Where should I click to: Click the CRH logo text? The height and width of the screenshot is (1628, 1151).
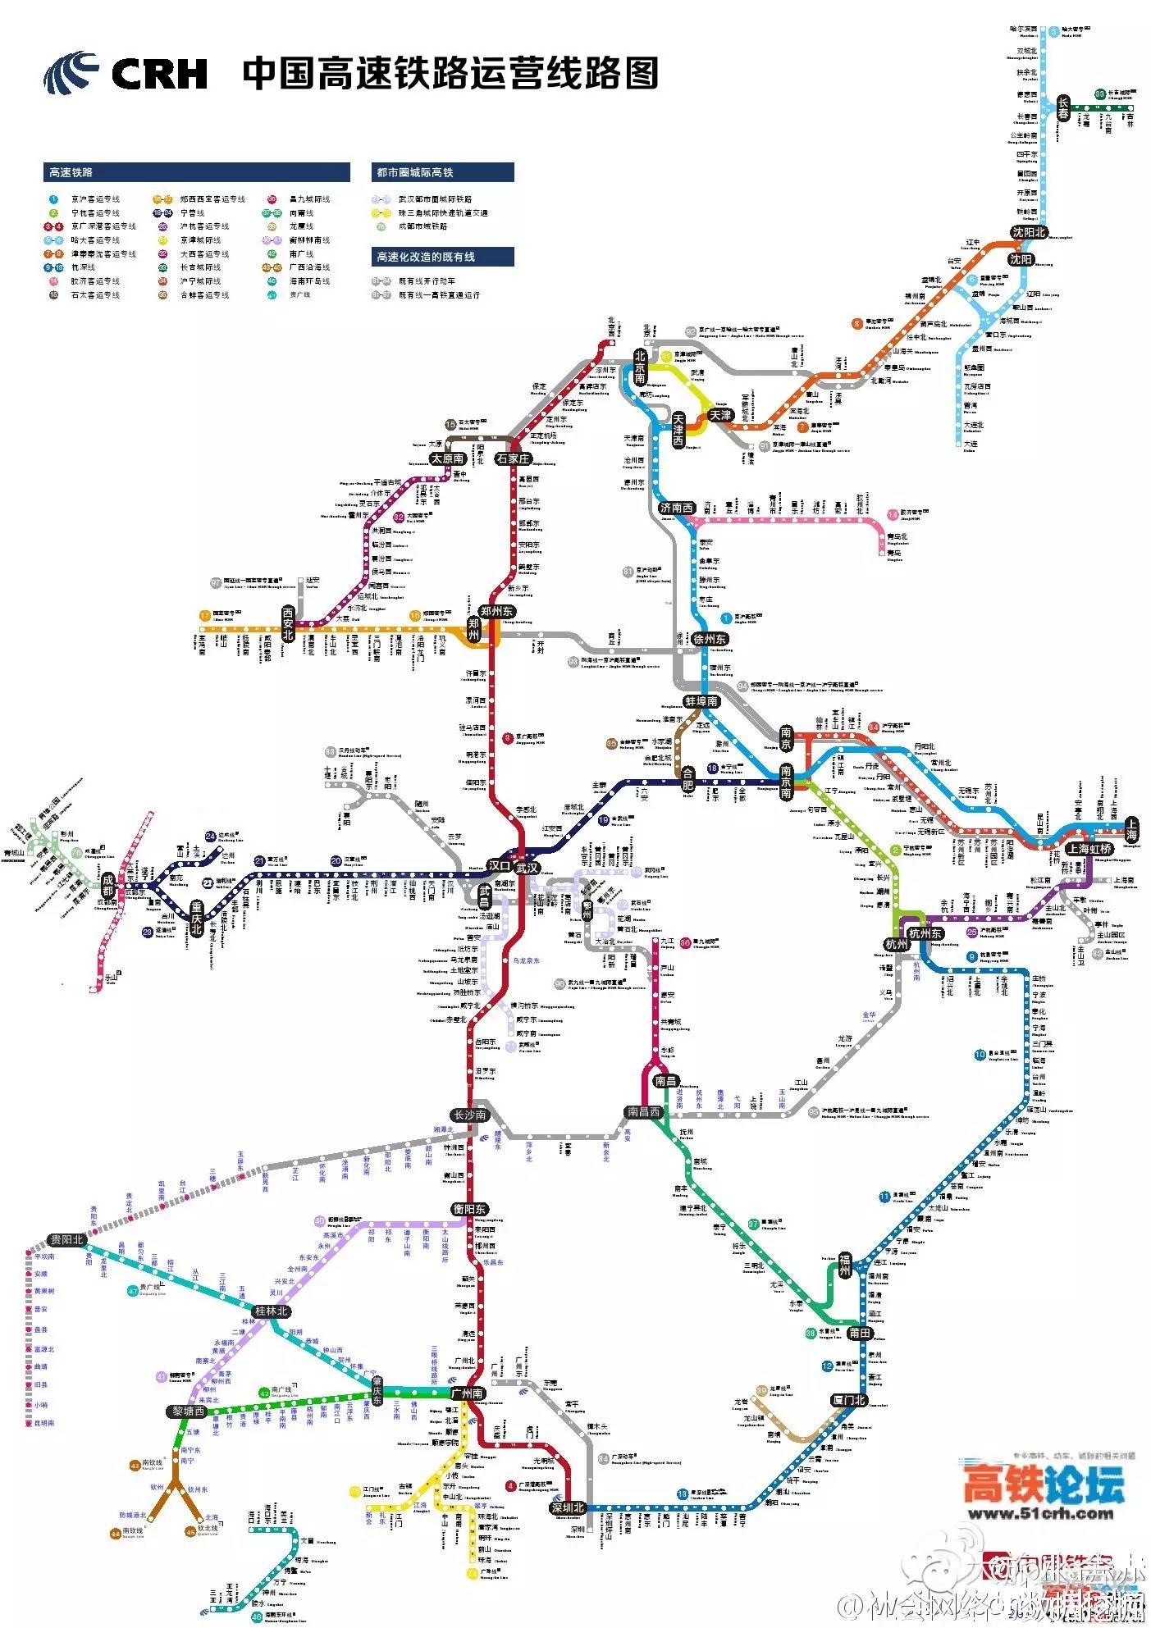(x=159, y=74)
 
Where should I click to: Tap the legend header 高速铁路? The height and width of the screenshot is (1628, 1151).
(x=71, y=172)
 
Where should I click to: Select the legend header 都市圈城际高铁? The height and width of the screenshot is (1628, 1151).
(x=414, y=172)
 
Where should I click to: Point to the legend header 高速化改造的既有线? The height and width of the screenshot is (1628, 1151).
(x=425, y=257)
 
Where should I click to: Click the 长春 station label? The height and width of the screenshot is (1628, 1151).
(x=1063, y=108)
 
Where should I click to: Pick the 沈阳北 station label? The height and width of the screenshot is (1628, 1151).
(x=1028, y=233)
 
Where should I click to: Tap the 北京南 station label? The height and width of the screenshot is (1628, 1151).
(x=640, y=367)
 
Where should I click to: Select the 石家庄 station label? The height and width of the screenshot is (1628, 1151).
(x=514, y=458)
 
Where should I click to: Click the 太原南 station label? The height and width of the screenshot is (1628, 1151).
(x=448, y=458)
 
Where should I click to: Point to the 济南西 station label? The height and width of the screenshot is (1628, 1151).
(x=677, y=508)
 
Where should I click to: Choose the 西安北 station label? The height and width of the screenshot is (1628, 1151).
(x=287, y=622)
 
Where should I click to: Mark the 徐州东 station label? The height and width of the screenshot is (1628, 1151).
(x=710, y=639)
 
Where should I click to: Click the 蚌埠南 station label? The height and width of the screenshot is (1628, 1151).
(x=701, y=701)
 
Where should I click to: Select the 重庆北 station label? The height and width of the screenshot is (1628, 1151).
(x=196, y=917)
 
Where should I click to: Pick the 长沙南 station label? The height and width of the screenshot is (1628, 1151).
(x=469, y=1115)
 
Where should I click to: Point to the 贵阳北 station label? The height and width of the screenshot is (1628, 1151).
(x=66, y=1239)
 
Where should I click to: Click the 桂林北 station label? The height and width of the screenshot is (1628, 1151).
(x=272, y=1311)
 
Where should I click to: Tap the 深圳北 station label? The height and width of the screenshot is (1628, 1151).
(x=568, y=1507)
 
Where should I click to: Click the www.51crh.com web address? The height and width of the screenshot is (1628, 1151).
(x=1040, y=1514)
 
